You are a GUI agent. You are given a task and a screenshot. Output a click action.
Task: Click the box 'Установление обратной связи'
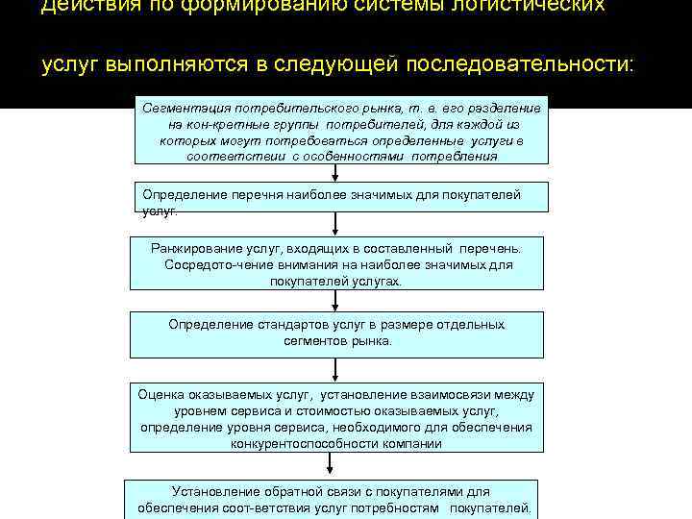click(x=333, y=498)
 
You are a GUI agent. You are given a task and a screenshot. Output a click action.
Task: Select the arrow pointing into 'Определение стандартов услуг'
click(x=334, y=300)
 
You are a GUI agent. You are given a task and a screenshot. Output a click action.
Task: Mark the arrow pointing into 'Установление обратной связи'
click(x=330, y=464)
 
